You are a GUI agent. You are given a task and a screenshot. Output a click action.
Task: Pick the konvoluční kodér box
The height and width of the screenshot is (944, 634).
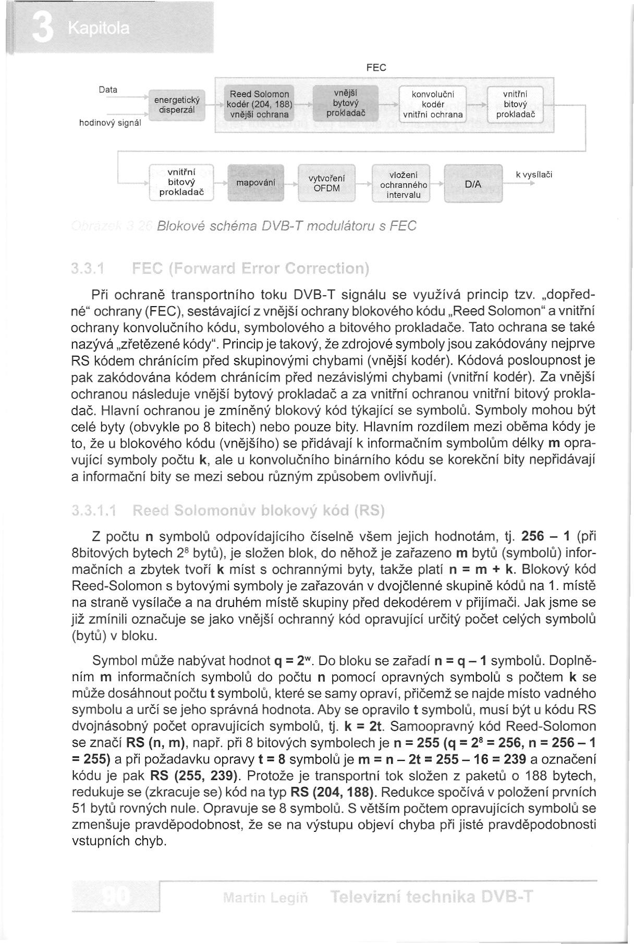pos(433,104)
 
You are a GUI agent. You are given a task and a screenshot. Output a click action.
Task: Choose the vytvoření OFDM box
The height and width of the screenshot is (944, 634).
pos(326,183)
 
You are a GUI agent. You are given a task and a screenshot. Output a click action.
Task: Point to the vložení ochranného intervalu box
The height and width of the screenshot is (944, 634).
pos(404,184)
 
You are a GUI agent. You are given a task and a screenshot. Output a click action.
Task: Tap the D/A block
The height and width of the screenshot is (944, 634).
pos(473,184)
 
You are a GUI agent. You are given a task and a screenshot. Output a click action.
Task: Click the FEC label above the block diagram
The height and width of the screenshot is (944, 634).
pos(376,68)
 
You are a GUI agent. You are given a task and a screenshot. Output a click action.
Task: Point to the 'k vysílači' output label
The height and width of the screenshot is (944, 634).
pos(534,175)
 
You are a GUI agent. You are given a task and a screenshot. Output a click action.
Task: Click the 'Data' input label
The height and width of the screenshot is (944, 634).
pos(107,90)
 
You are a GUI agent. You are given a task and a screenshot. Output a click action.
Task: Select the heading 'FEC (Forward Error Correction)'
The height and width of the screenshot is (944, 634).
pos(250,269)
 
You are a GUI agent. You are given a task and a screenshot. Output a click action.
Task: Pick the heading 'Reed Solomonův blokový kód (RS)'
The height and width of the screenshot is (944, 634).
pos(259,510)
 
